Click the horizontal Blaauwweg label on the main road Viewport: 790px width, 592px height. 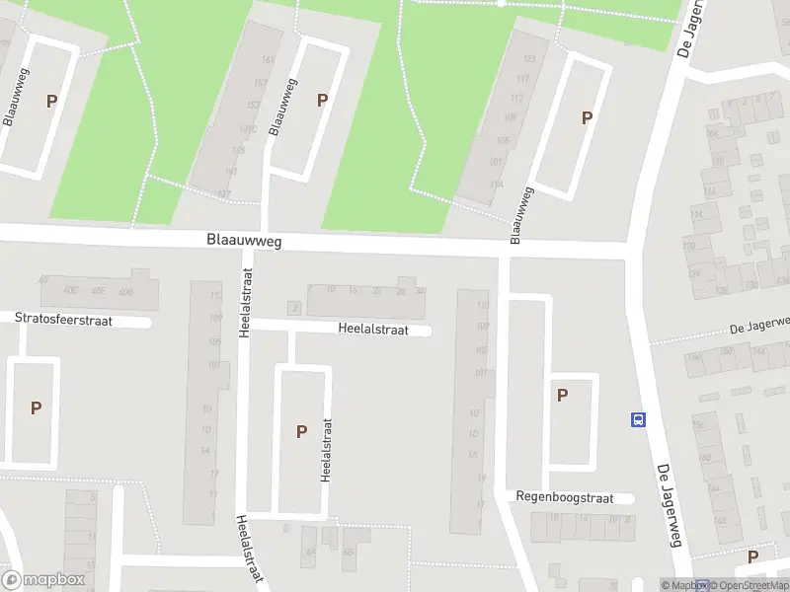(x=244, y=240)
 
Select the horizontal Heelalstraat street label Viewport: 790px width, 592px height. (x=372, y=331)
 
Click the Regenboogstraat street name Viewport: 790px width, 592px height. (x=565, y=498)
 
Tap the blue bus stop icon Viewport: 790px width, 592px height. (x=638, y=419)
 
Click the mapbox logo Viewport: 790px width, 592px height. (x=42, y=580)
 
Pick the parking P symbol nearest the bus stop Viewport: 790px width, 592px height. (x=563, y=396)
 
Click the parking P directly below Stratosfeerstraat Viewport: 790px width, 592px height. (x=37, y=407)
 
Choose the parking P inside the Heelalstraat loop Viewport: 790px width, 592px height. (x=301, y=430)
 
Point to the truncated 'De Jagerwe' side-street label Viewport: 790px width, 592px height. (x=759, y=326)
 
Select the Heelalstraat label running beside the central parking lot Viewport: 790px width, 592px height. (x=326, y=449)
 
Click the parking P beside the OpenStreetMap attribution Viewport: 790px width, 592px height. (x=752, y=556)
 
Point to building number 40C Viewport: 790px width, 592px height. (x=70, y=291)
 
